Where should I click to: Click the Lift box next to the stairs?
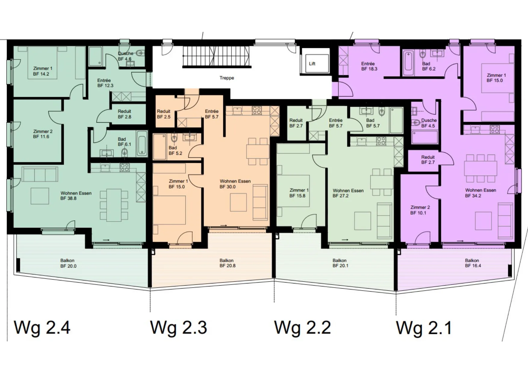(x=317, y=63)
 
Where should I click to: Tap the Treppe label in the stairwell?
(x=227, y=78)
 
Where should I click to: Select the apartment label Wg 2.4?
(x=42, y=328)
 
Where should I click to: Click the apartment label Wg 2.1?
(x=424, y=328)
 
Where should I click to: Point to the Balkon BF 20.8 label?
(x=227, y=263)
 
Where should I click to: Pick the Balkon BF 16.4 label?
(x=473, y=263)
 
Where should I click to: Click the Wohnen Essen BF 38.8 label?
(x=76, y=196)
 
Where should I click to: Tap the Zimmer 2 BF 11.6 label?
(x=43, y=134)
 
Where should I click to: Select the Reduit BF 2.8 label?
(x=124, y=114)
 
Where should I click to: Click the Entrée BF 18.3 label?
(x=369, y=66)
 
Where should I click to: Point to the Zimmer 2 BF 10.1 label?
(x=420, y=210)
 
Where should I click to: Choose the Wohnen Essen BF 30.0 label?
(x=235, y=184)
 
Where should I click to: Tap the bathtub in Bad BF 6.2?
(x=408, y=64)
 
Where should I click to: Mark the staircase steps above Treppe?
(x=216, y=56)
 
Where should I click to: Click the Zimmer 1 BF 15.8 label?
(x=299, y=193)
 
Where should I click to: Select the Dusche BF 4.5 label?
(x=429, y=123)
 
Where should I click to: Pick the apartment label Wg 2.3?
(x=179, y=328)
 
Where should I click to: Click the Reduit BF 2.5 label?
(x=163, y=114)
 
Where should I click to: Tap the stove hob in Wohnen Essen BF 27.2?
(x=381, y=141)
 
